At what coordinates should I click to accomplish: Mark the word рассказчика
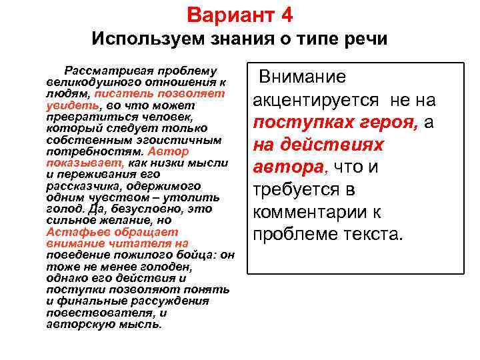point(81,185)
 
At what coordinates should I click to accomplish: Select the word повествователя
point(99,312)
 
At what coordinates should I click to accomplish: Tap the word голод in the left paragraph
point(61,209)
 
